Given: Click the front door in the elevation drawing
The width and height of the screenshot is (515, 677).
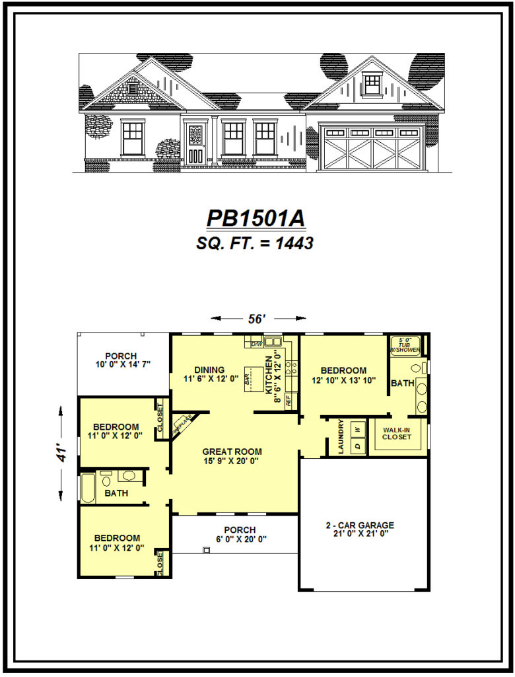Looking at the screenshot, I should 196,143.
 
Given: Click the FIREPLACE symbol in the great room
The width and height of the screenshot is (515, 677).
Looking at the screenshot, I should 183,424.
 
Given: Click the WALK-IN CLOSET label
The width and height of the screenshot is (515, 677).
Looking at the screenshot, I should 396,434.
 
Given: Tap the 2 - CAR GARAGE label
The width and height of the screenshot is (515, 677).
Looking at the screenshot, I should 360,530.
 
